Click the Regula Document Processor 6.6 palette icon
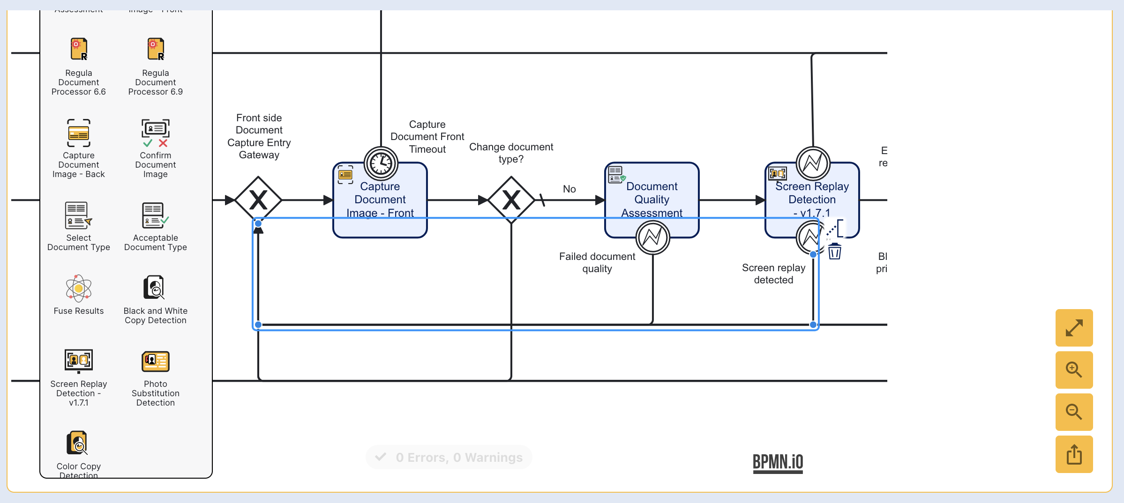pos(79,49)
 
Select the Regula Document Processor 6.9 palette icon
pos(156,49)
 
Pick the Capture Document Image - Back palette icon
pos(79,133)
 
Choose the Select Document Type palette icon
pos(79,215)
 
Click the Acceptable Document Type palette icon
pos(156,215)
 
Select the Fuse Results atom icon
pos(79,288)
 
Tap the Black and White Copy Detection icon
pos(155,287)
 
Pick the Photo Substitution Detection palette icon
pos(156,362)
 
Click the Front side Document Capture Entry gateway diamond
pos(258,200)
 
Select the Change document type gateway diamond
pos(511,200)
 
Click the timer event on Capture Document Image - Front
pos(381,163)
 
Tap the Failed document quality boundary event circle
pos(652,237)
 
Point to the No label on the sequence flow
pos(569,189)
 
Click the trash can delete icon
pos(834,251)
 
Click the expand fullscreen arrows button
pos(1074,328)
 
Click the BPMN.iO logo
pos(778,462)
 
